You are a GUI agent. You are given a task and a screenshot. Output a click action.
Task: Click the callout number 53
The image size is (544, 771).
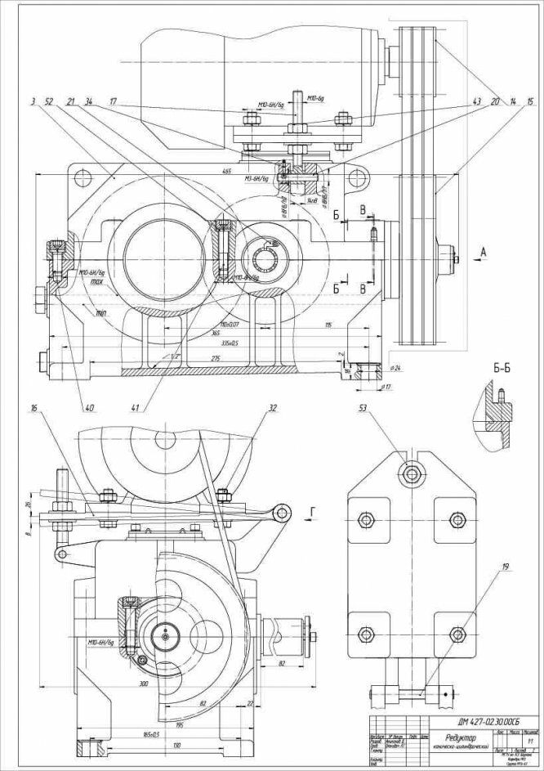tap(365, 407)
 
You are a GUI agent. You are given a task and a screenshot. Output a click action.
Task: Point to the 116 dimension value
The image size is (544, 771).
tap(328, 326)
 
